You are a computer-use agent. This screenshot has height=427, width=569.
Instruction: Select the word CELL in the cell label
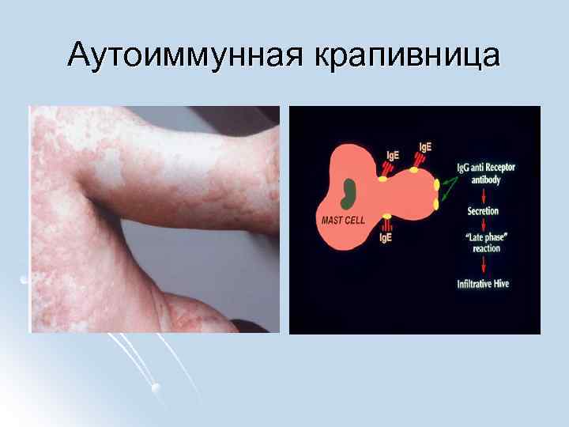point(354,220)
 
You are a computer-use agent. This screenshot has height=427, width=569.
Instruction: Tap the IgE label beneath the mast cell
point(386,237)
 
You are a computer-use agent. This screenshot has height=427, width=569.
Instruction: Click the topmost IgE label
point(425,147)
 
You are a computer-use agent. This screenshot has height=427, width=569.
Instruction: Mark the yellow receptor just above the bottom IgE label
point(386,217)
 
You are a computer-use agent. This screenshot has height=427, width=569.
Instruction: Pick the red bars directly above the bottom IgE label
point(386,226)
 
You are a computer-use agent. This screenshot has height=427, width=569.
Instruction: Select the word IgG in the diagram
point(464,168)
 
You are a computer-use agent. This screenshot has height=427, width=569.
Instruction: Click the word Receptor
point(498,168)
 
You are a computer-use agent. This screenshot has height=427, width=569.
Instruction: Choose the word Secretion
point(483,212)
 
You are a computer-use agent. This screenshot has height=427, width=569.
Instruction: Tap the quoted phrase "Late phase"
point(483,237)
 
